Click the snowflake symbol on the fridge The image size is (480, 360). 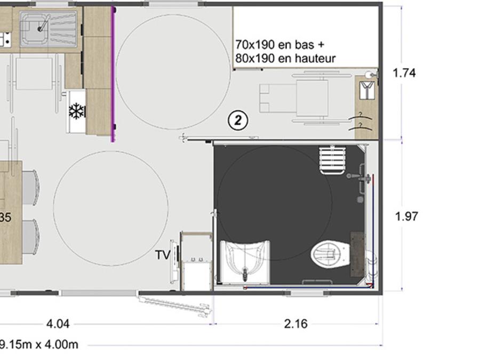[76, 111]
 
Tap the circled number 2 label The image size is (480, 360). [238, 121]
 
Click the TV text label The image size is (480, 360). [163, 255]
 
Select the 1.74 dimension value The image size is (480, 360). [404, 73]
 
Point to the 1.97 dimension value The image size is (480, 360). [406, 217]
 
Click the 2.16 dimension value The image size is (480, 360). [295, 324]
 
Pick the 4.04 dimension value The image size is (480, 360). [58, 324]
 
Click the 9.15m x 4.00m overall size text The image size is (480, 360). [39, 345]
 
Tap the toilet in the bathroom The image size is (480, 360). [331, 254]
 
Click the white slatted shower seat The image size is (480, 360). [332, 161]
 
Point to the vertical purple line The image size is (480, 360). [113, 74]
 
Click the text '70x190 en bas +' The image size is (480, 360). [279, 45]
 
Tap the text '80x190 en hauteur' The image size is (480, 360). [285, 58]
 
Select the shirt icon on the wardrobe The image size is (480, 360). [367, 90]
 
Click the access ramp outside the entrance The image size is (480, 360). [174, 305]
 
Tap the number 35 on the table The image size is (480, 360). [5, 218]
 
